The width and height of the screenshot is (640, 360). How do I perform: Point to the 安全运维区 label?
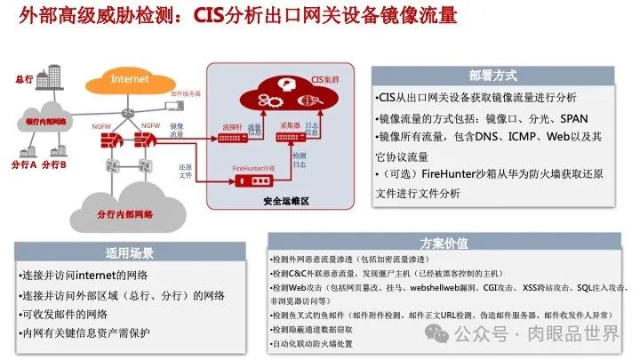click(284, 202)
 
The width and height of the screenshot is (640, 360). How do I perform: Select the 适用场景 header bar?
click(130, 251)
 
